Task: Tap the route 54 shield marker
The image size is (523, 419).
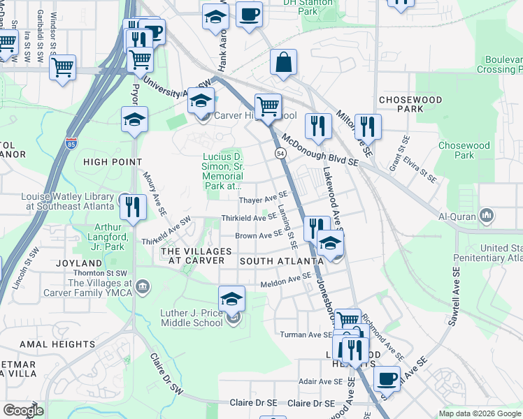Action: (280, 152)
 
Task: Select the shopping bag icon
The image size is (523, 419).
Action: (285, 62)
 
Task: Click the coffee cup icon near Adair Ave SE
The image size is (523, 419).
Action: (387, 378)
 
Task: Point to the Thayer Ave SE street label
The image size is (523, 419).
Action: (264, 200)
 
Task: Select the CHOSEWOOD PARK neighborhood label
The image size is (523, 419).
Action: (410, 105)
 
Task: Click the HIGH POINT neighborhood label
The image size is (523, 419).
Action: (108, 162)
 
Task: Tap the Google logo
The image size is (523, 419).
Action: (24, 411)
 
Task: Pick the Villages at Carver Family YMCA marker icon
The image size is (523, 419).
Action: (143, 285)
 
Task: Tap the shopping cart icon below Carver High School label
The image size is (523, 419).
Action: (268, 106)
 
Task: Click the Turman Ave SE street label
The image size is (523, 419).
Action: (306, 335)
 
